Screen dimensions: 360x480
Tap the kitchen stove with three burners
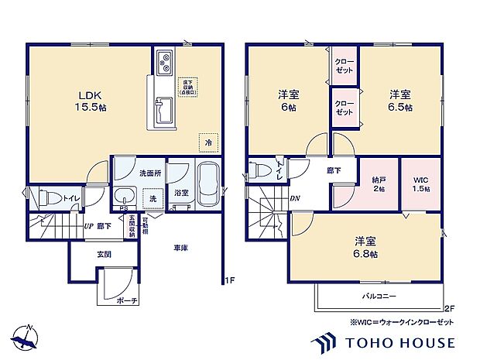click(x=165, y=62)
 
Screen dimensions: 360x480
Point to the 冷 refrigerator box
click(x=207, y=142)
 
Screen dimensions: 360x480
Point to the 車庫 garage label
click(x=180, y=248)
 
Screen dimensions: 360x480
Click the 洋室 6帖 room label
click(x=289, y=101)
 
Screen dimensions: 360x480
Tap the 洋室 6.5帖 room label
click(x=400, y=101)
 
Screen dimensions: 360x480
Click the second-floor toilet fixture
click(x=262, y=170)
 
